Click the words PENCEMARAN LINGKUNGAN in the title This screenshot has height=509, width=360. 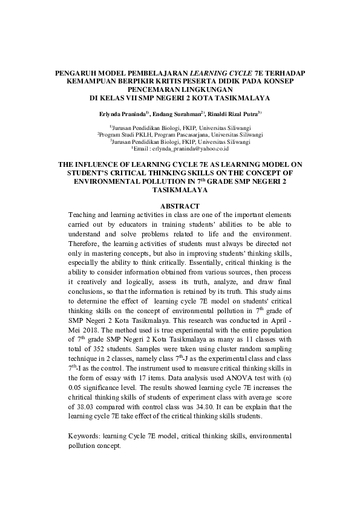(x=180, y=88)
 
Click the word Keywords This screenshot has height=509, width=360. (x=84, y=435)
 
